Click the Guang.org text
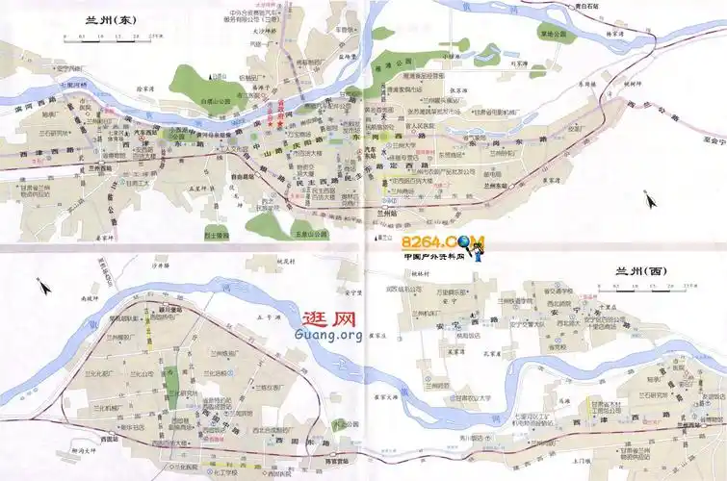330,335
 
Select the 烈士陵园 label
217,234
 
